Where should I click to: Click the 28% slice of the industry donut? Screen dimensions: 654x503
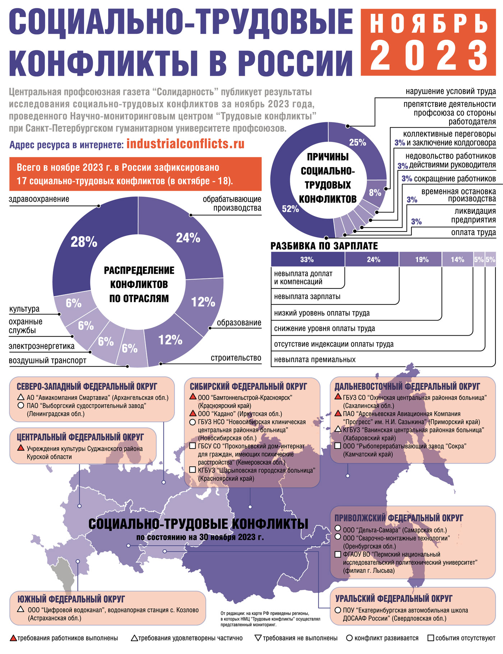point(83,242)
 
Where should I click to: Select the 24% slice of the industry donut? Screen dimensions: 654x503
point(188,238)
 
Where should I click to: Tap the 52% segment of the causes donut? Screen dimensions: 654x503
point(290,208)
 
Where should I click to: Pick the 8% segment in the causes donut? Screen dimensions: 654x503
point(375,193)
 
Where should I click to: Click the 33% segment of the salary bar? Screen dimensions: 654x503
point(307,259)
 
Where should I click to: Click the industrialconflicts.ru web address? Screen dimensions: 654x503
point(185,144)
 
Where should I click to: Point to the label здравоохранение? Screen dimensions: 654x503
point(39,199)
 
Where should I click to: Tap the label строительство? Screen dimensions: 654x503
point(236,358)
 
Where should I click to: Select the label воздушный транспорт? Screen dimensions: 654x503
point(47,360)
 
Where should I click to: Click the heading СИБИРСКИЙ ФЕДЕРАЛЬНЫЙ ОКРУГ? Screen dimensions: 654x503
point(248,387)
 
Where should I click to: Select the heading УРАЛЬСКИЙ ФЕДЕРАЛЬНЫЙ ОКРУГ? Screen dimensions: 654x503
point(394,599)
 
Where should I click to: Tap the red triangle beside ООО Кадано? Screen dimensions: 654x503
point(193,414)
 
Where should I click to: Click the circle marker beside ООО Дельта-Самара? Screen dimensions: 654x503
point(338,529)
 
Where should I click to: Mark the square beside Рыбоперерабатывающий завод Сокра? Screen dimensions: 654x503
point(338,446)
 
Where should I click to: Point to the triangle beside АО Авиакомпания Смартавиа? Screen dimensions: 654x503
point(21,398)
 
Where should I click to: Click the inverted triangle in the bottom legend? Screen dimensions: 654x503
point(258,638)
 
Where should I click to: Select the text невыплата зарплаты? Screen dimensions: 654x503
point(307,297)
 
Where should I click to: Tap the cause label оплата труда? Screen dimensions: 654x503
point(473,232)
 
